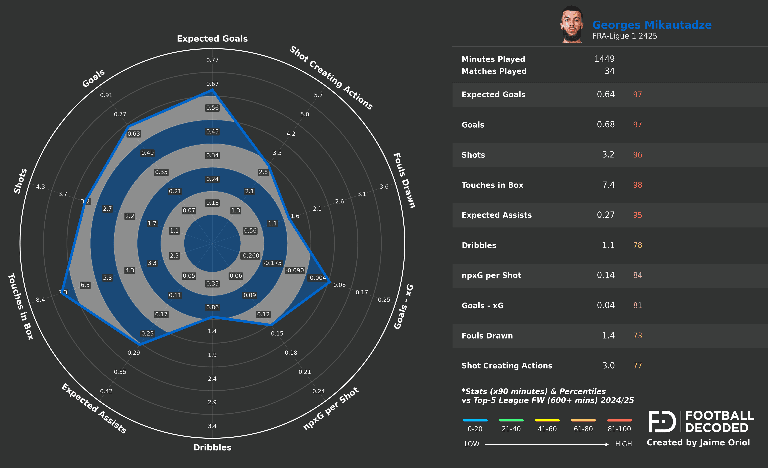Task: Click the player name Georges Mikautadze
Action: coord(652,25)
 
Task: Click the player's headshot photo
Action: coord(572,25)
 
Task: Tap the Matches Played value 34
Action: coord(609,71)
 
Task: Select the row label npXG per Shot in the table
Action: coord(491,275)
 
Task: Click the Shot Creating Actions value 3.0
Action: coord(608,366)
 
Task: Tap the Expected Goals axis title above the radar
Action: coord(212,39)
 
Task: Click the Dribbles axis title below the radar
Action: coord(212,447)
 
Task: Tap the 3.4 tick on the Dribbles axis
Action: coord(212,426)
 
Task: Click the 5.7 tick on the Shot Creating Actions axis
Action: coord(318,95)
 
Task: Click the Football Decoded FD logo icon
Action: coord(662,422)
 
